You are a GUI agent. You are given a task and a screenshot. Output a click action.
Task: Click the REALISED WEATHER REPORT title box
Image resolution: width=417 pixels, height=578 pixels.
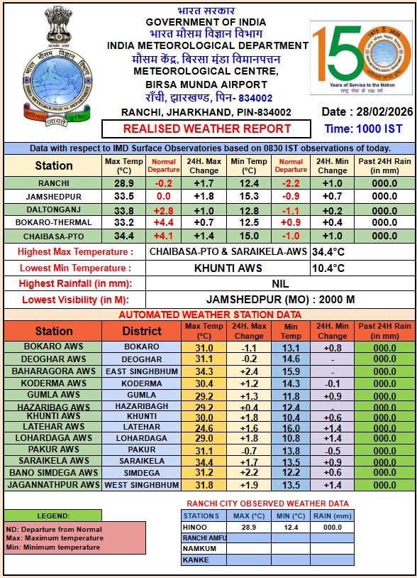coord(206,129)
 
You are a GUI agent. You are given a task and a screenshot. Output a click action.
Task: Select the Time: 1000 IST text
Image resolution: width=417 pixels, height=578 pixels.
coord(364,129)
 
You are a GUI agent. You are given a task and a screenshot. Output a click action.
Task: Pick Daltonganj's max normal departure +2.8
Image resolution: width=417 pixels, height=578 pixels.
coord(163,210)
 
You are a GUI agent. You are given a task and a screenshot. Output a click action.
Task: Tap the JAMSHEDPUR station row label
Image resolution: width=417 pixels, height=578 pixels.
coord(53,197)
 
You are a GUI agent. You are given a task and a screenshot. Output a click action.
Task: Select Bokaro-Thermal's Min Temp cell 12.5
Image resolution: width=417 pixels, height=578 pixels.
coord(249,223)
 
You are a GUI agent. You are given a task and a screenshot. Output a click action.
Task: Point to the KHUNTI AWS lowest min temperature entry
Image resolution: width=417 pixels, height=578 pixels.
coord(228,268)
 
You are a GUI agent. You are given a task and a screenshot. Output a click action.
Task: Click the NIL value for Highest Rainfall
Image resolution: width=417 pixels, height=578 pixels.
coord(280,284)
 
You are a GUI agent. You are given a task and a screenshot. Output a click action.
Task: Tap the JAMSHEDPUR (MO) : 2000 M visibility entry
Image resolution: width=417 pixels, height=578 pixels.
coord(280,300)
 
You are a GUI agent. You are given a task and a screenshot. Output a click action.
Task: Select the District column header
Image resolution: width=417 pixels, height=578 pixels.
coord(142,331)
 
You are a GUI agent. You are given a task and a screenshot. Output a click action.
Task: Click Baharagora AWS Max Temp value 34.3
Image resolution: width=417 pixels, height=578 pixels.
coord(204,371)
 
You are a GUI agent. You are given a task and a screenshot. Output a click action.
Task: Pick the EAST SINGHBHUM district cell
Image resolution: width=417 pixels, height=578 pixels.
coord(142,371)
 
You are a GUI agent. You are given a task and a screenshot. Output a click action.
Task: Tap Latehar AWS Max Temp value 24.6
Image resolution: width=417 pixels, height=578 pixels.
coord(204,427)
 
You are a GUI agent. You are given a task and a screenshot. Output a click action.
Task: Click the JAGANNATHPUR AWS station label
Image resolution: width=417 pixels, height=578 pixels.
coord(53,485)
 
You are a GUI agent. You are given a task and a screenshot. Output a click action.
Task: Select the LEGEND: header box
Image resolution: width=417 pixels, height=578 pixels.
coord(52,516)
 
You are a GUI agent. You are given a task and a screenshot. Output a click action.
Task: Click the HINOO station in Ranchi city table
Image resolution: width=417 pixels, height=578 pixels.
coord(195,528)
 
